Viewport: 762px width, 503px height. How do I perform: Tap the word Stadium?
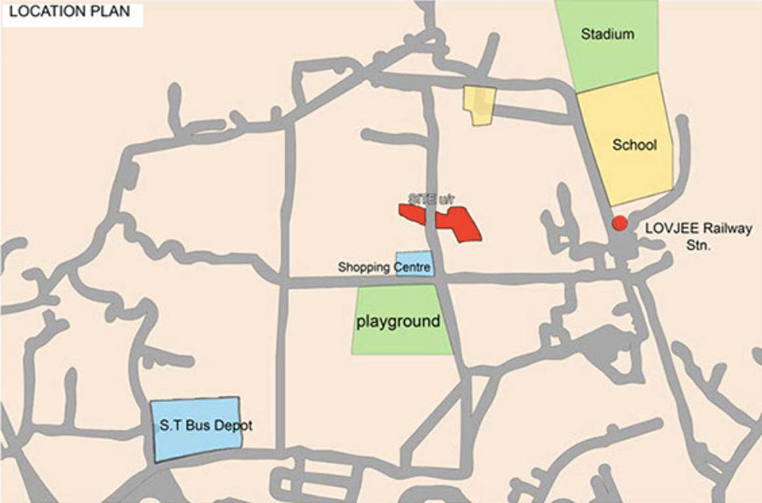pyautogui.click(x=608, y=34)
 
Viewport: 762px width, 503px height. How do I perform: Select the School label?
pyautogui.click(x=634, y=145)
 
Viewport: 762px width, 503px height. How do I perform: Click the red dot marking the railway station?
pyautogui.click(x=619, y=223)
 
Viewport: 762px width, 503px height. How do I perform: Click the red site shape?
pyautogui.click(x=458, y=225)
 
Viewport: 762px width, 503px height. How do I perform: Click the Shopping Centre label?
pyautogui.click(x=384, y=267)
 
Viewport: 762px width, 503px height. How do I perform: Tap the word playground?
pyautogui.click(x=397, y=322)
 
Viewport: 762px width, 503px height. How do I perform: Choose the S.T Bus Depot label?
pyautogui.click(x=206, y=426)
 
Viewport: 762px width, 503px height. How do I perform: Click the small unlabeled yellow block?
pyautogui.click(x=479, y=105)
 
